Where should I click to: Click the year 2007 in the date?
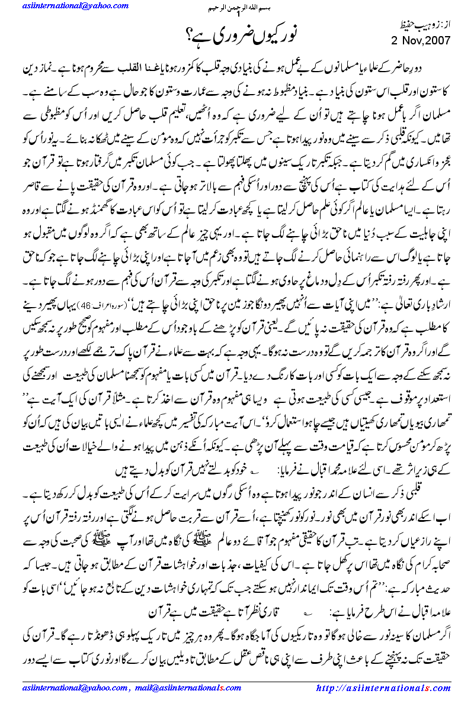pyautogui.click(x=436, y=41)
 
